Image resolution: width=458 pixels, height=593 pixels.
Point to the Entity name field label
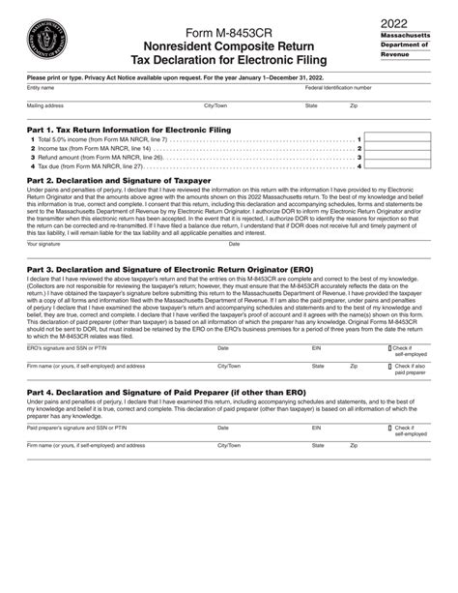[x=40, y=89]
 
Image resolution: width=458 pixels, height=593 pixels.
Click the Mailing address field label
[x=45, y=105]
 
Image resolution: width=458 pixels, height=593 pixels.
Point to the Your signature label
[x=44, y=244]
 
